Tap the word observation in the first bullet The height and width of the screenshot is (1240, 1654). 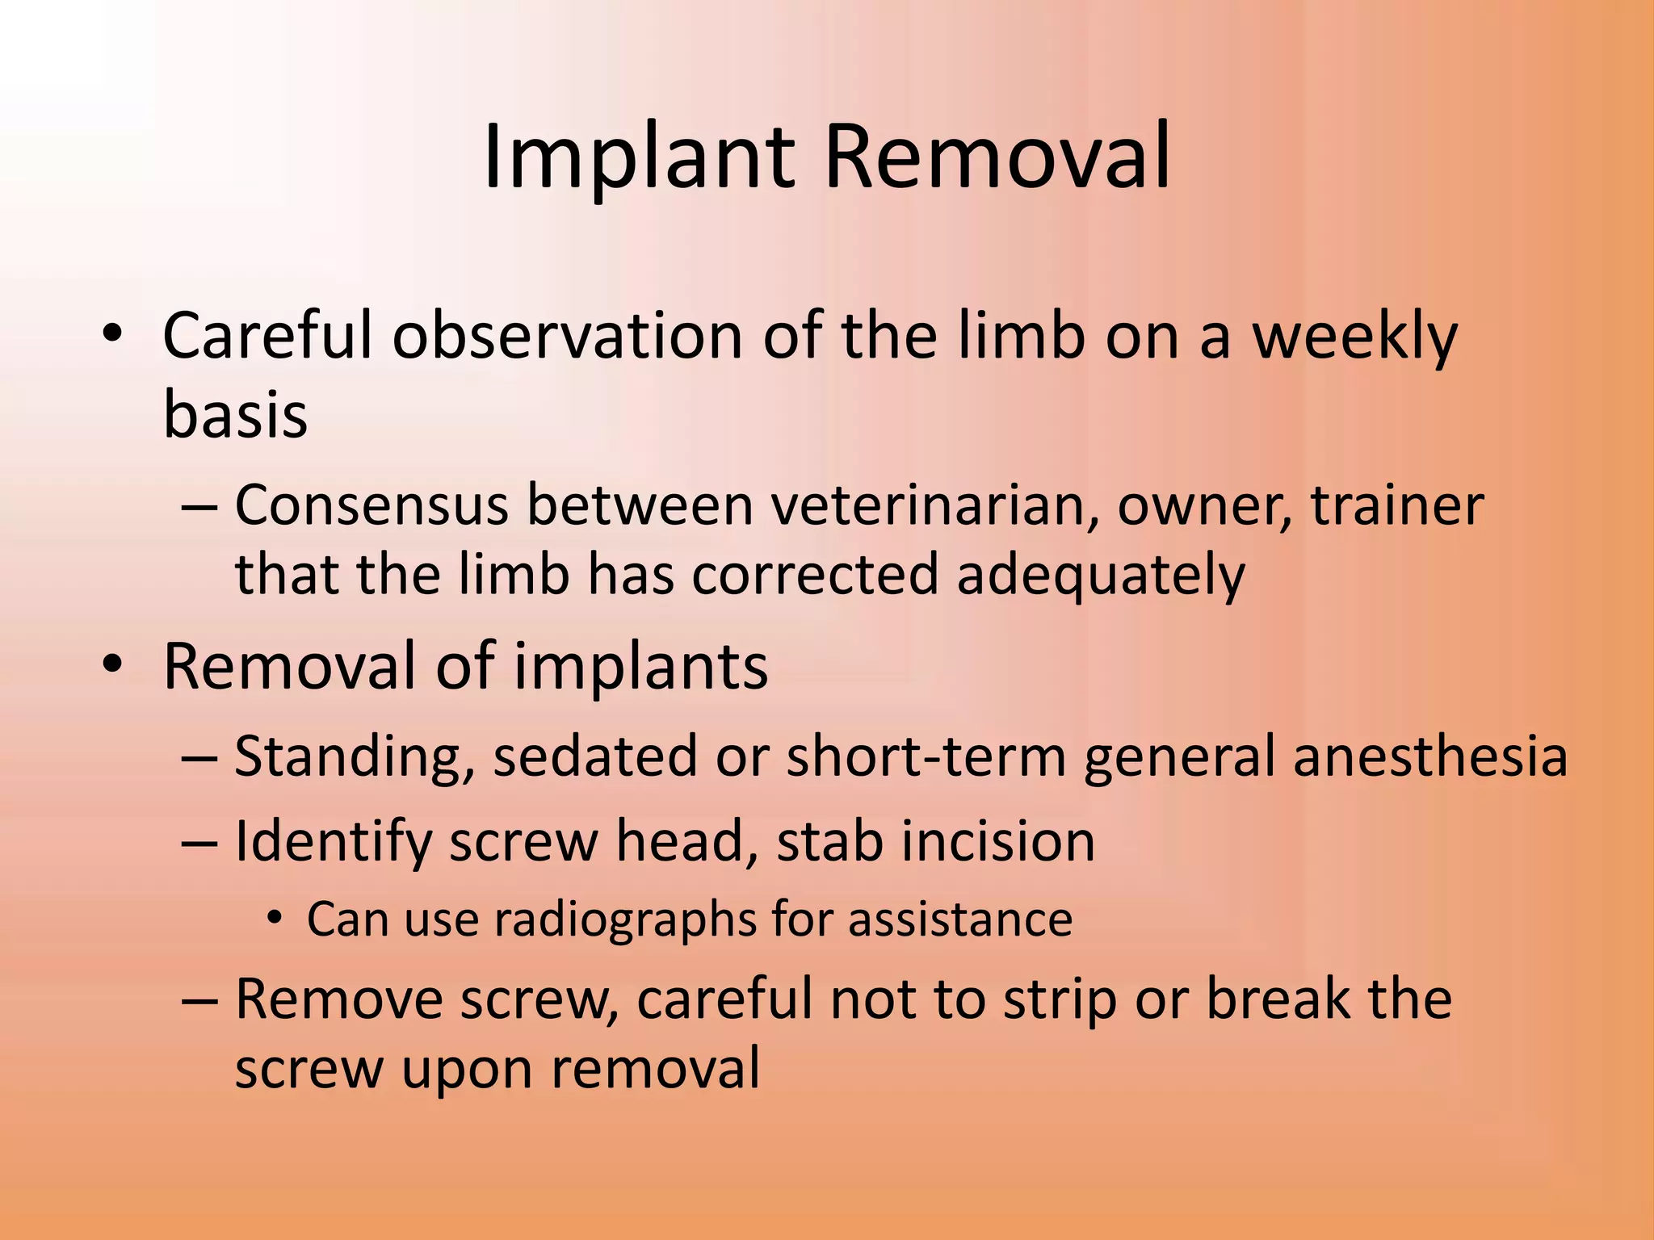[567, 335]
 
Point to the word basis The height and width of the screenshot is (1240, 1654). [235, 414]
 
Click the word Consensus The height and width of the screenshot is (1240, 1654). [372, 506]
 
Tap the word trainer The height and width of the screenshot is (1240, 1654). [1396, 506]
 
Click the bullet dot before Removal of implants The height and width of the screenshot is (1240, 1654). [112, 664]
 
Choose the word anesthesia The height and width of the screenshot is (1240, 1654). [1430, 757]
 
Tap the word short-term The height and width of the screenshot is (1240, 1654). [926, 757]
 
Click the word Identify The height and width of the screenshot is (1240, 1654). [333, 841]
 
